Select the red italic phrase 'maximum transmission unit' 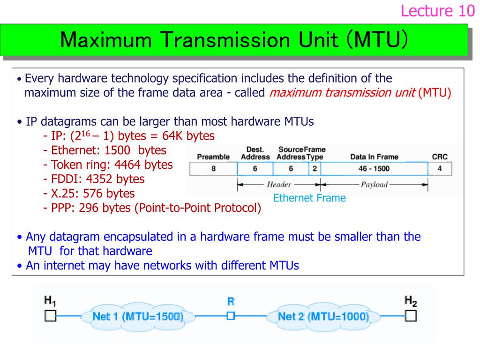[342, 92]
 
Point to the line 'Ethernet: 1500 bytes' [104, 150]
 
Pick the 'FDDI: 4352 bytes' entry [93, 179]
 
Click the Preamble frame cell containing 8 [213, 169]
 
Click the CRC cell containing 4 [439, 169]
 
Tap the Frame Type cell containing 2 [315, 169]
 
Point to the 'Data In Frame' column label [374, 157]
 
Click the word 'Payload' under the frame [374, 184]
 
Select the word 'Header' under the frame [279, 184]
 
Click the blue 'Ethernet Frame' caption [309, 198]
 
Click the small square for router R [230, 315]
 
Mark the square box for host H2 [411, 315]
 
